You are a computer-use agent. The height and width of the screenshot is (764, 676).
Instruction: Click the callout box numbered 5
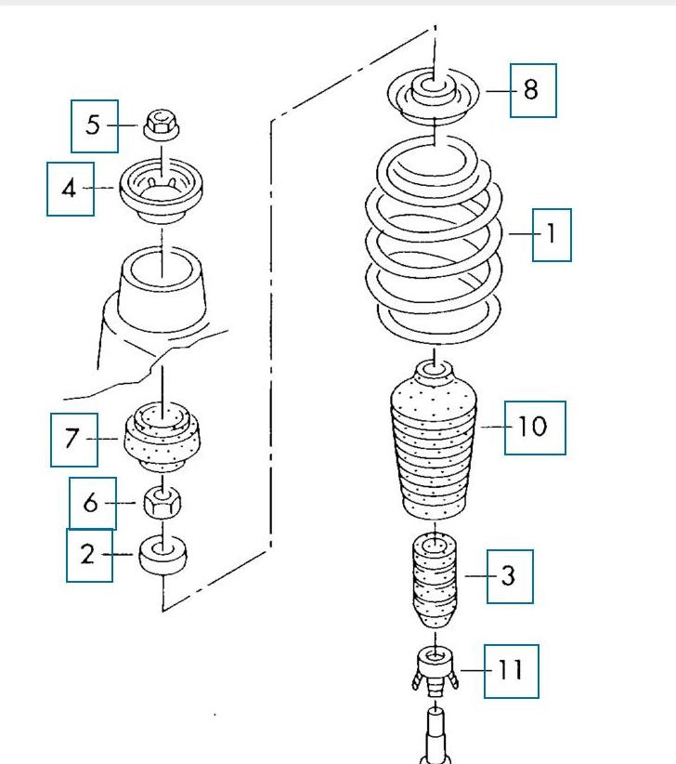(95, 125)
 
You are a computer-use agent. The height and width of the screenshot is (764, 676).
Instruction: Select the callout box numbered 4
(71, 189)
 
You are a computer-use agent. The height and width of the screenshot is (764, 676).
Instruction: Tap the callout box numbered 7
(74, 439)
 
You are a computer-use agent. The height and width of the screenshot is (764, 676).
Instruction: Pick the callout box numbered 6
(92, 504)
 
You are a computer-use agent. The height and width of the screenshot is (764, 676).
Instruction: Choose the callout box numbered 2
(89, 555)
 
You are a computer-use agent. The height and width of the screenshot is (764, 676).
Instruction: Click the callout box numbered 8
(533, 90)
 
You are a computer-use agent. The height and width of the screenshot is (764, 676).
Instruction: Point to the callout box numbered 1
(552, 233)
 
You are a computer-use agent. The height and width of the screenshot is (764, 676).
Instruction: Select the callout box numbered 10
(535, 428)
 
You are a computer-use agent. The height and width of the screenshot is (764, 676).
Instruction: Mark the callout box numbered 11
(511, 670)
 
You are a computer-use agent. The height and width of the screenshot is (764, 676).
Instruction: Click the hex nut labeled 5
(161, 124)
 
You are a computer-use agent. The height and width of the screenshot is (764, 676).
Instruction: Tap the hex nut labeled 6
(162, 505)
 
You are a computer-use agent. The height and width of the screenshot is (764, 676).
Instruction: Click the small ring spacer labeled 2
(162, 556)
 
